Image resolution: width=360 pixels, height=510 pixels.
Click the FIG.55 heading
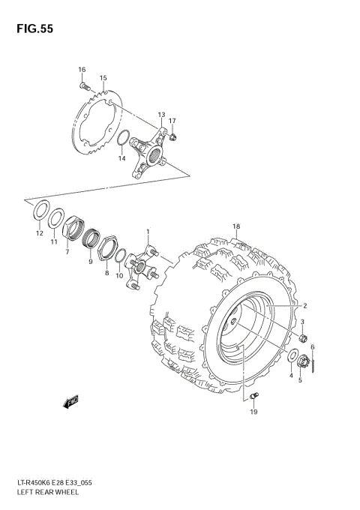coord(26,28)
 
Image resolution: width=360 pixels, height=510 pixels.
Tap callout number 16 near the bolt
coord(82,70)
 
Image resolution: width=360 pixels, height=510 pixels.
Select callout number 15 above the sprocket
coord(103,78)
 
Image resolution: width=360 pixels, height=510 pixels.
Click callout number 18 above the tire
coord(235,226)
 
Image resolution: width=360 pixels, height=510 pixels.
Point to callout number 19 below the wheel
coord(253,412)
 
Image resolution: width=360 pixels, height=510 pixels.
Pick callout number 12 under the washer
coord(39,233)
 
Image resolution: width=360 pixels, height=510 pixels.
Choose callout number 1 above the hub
coord(148,232)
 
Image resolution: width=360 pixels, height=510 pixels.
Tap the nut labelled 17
coord(173,136)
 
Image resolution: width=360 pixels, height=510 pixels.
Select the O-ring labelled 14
coord(125,139)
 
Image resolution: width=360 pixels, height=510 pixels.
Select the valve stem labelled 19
coord(254,396)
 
